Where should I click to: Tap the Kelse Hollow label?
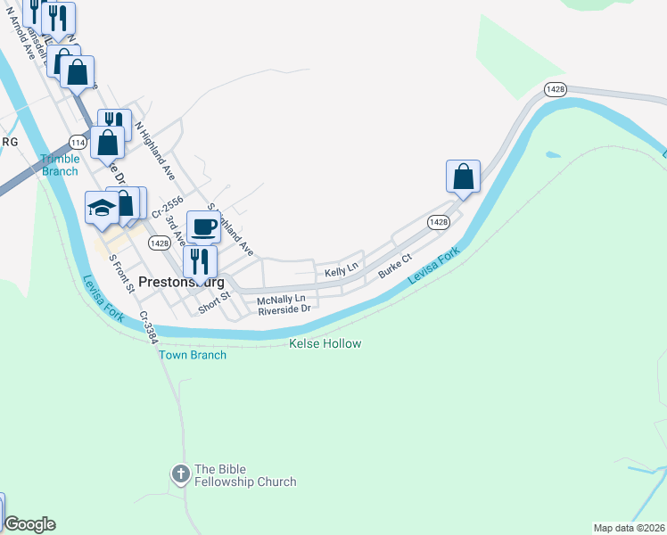[325, 343]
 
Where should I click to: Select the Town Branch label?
[193, 355]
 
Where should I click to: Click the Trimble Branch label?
[60, 166]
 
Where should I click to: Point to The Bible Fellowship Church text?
[245, 475]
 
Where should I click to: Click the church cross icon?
[180, 475]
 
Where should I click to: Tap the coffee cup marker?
[203, 226]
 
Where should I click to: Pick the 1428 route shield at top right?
[556, 89]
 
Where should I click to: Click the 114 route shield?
[77, 143]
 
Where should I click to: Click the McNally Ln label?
[281, 298]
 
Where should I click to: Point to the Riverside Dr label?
[284, 309]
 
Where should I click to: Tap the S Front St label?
[120, 273]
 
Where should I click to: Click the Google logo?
[29, 524]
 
